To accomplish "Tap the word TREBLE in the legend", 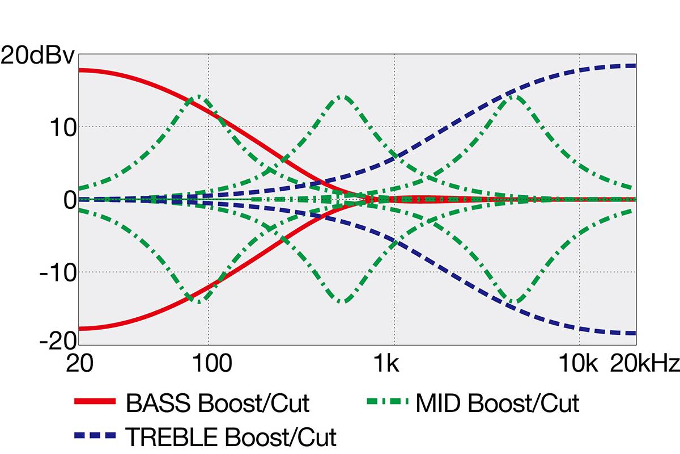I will tap(172, 436).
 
